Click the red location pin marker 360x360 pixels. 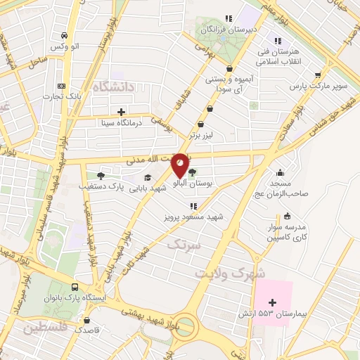click(x=180, y=166)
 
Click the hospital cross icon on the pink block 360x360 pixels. click(x=273, y=302)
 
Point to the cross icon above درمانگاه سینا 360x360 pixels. click(x=122, y=111)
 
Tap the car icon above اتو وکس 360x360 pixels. click(x=65, y=35)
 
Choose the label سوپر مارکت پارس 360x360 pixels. click(x=321, y=87)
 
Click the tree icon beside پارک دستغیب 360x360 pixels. click(x=101, y=176)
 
